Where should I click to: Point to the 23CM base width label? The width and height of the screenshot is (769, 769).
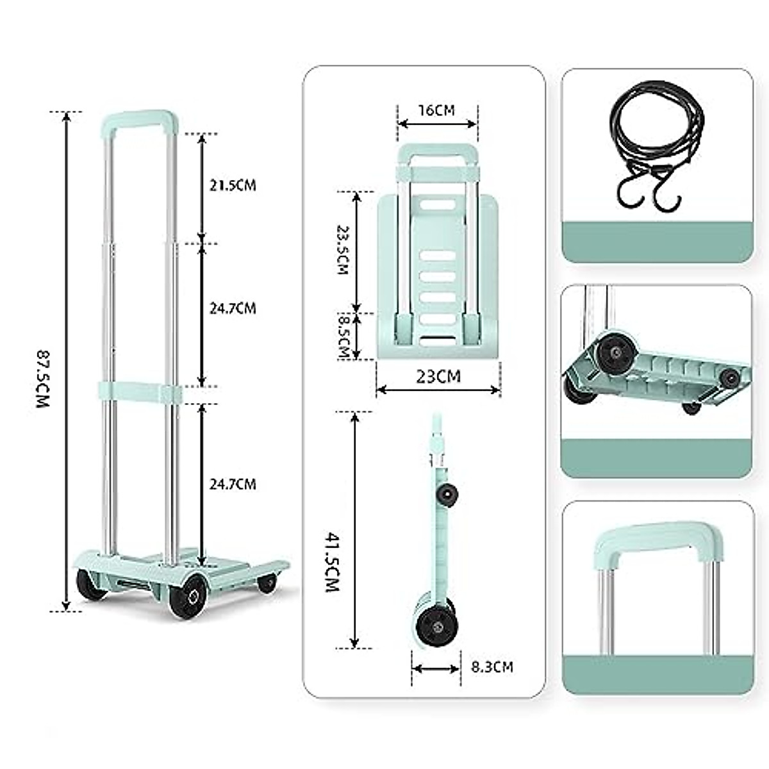tap(438, 376)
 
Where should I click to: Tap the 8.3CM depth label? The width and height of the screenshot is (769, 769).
tap(492, 667)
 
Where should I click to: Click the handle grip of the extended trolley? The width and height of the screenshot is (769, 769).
tap(140, 120)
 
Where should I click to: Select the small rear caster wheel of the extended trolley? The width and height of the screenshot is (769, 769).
tap(267, 583)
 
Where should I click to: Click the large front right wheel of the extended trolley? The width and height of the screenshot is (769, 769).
tap(189, 596)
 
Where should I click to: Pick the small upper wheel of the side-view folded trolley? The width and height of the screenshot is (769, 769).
tap(447, 493)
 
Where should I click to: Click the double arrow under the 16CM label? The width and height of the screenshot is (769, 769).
tap(437, 124)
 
